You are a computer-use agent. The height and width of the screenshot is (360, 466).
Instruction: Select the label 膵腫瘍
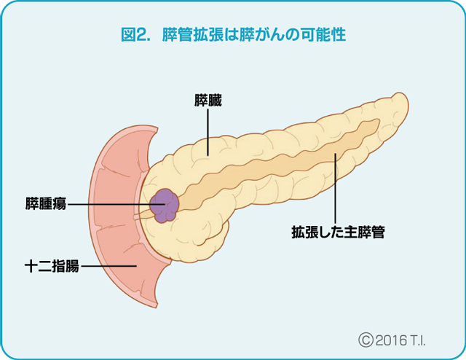coord(44,203)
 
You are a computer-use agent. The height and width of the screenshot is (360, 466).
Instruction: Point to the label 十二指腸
coord(50,267)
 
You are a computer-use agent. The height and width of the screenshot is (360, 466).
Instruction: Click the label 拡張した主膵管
coord(337,233)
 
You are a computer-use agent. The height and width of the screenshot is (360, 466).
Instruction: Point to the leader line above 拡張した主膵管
coord(335,189)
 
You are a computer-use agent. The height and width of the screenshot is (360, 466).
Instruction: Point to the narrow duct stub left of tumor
coord(143,212)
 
